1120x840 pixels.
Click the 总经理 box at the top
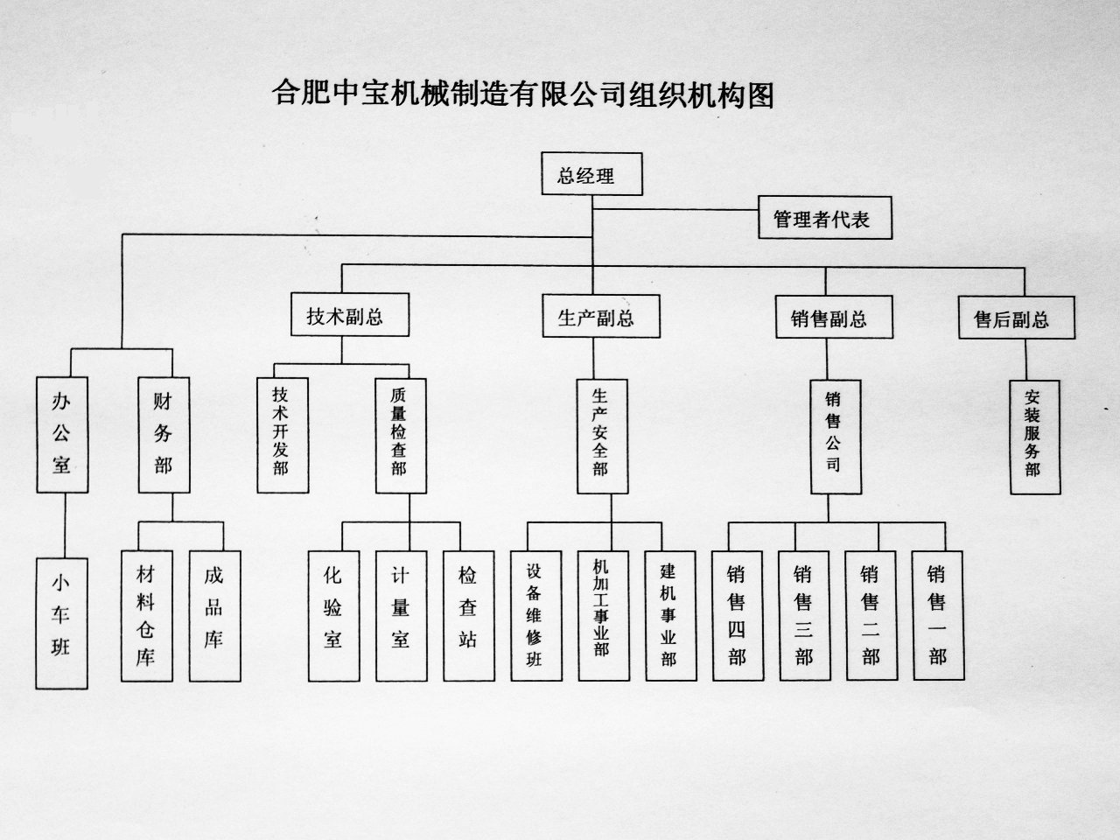pyautogui.click(x=591, y=174)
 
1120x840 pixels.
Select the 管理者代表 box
pyautogui.click(x=825, y=217)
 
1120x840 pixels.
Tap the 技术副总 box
pyautogui.click(x=350, y=314)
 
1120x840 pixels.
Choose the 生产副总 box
pyautogui.click(x=601, y=316)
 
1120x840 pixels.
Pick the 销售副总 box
pyautogui.click(x=834, y=317)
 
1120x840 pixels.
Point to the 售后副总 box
pyautogui.click(x=1017, y=318)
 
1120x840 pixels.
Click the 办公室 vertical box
pyautogui.click(x=62, y=435)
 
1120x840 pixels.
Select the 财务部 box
pyautogui.click(x=164, y=435)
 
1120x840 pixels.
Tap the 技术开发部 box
pyautogui.click(x=283, y=436)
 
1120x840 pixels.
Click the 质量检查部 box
pyautogui.click(x=401, y=436)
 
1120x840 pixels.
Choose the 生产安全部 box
pyautogui.click(x=603, y=437)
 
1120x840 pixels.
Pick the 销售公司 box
pyautogui.click(x=836, y=437)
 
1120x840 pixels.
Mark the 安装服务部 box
pyautogui.click(x=1035, y=437)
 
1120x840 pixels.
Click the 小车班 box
pyautogui.click(x=62, y=623)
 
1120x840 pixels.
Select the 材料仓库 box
pyautogui.click(x=147, y=616)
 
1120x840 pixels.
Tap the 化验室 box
pyautogui.click(x=333, y=616)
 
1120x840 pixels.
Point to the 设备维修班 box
pyautogui.click(x=536, y=616)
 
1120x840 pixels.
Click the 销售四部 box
pyautogui.click(x=738, y=616)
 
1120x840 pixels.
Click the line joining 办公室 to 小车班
pyautogui.click(x=65, y=525)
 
